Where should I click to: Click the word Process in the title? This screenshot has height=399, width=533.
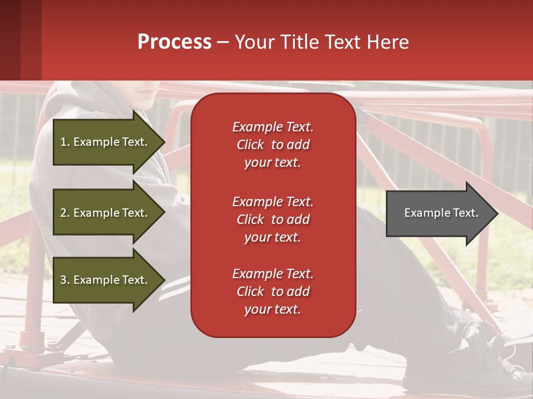[x=174, y=42]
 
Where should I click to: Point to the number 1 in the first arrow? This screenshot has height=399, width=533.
[x=63, y=142]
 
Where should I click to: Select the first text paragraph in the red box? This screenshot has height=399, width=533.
[x=273, y=145]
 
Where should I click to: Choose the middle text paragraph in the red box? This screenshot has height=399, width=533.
[x=273, y=219]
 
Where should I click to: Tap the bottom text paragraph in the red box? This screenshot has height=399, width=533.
[x=273, y=291]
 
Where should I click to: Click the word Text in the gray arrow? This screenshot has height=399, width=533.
[x=466, y=213]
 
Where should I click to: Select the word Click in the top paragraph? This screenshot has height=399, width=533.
[x=250, y=145]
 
